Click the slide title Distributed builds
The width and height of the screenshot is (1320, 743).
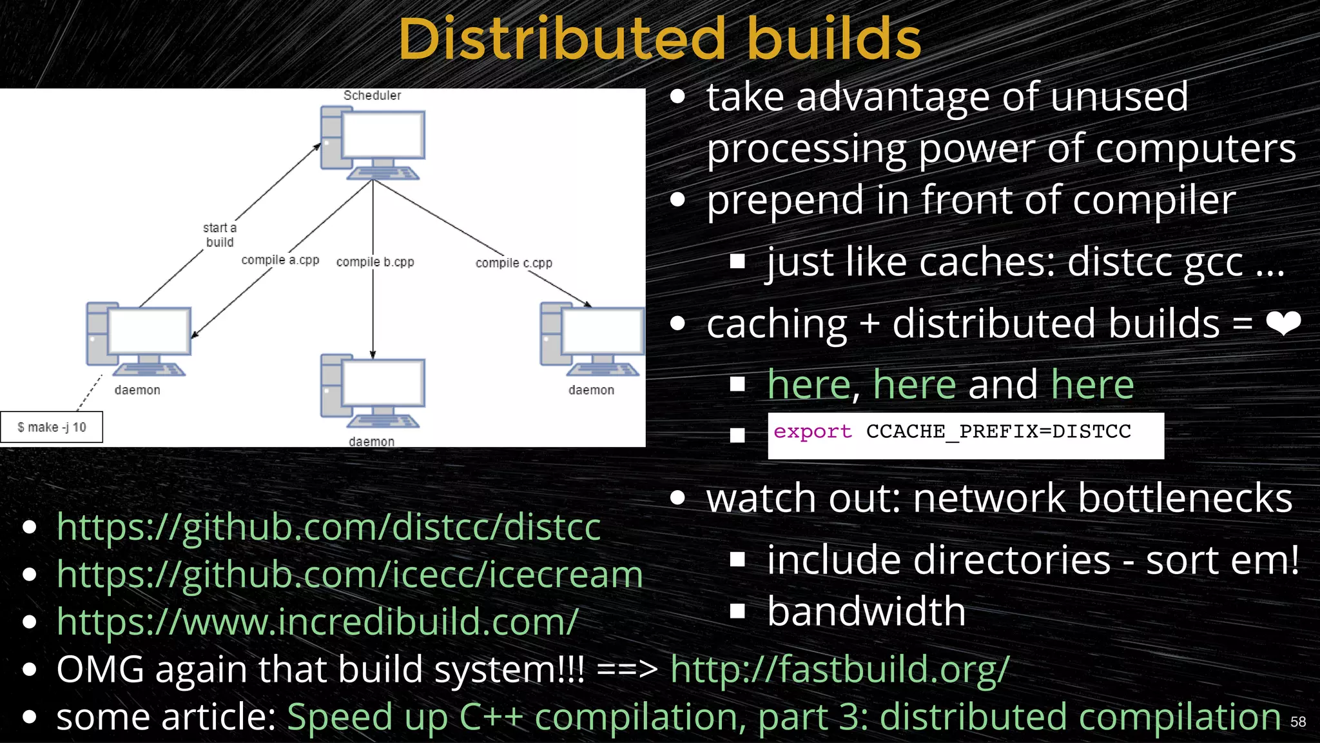[659, 40]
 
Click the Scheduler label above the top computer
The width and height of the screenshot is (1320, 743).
[372, 95]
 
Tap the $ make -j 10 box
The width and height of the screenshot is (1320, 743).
[52, 428]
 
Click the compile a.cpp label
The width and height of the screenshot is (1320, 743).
[280, 260]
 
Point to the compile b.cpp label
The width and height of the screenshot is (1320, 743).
[375, 262]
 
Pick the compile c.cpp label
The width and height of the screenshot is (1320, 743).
[514, 263]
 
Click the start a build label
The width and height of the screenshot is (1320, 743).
[220, 235]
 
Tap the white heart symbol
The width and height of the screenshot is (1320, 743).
[1283, 323]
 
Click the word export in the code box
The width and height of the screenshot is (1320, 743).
[812, 431]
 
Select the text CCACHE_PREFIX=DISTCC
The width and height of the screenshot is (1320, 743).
[998, 431]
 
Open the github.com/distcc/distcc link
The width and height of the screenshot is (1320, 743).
[329, 528]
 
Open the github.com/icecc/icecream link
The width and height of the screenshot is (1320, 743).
[349, 575]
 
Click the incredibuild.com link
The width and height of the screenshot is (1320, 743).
[317, 622]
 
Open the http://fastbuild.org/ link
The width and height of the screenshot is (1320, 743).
[839, 669]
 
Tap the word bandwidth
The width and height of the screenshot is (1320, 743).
[866, 611]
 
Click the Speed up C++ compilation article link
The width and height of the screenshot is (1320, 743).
[783, 717]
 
